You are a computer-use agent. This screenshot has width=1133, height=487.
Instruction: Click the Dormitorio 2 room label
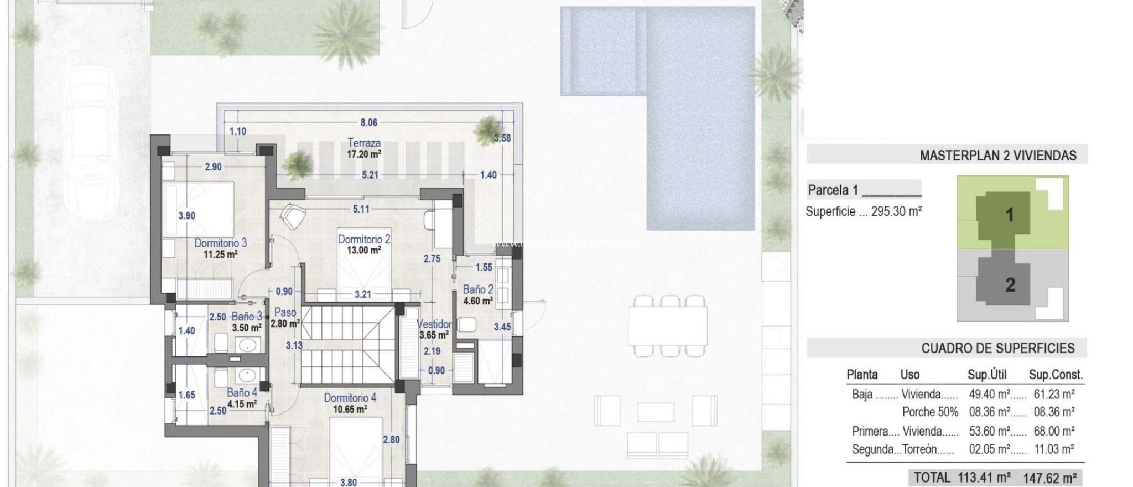pyautogui.click(x=364, y=240)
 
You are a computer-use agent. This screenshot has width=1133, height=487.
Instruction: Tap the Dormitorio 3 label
pyautogui.click(x=220, y=244)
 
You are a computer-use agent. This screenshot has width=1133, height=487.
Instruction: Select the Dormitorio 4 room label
pyautogui.click(x=350, y=398)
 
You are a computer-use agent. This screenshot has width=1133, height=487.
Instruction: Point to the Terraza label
pyautogui.click(x=364, y=143)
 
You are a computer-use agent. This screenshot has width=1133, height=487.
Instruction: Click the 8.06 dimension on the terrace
pyautogui.click(x=369, y=123)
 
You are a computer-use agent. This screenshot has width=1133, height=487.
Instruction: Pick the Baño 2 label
pyautogui.click(x=478, y=289)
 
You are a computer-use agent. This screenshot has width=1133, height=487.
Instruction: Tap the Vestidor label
pyautogui.click(x=434, y=324)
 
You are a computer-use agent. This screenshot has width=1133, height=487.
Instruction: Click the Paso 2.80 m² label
pyautogui.click(x=285, y=318)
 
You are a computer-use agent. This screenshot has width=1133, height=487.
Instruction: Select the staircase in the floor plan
pyautogui.click(x=349, y=343)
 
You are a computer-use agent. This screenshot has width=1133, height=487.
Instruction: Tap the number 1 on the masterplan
pyautogui.click(x=1009, y=215)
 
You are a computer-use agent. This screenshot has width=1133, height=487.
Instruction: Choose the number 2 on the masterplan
pyautogui.click(x=1010, y=285)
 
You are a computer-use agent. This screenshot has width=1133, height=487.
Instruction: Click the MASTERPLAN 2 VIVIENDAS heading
pyautogui.click(x=998, y=156)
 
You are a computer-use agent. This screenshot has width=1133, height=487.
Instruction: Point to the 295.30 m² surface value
pyautogui.click(x=896, y=211)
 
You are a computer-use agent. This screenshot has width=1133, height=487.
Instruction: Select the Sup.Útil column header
pyautogui.click(x=986, y=375)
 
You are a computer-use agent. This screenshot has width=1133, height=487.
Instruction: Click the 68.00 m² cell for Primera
pyautogui.click(x=1054, y=431)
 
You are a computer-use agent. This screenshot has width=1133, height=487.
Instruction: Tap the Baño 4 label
pyautogui.click(x=242, y=393)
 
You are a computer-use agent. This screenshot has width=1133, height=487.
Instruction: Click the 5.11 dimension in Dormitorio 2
pyautogui.click(x=361, y=209)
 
